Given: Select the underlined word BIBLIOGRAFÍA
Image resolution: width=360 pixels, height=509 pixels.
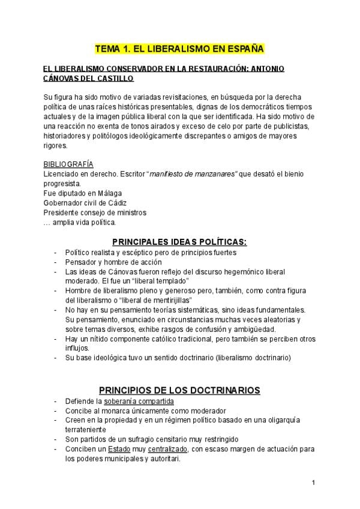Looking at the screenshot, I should pos(68,164).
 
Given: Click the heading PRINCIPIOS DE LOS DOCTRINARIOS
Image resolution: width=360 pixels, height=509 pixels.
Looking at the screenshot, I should pos(179,390).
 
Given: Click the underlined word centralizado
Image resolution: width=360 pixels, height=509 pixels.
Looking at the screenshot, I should pos(166,449).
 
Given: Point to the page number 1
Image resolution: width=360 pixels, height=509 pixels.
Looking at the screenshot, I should pos(313,482).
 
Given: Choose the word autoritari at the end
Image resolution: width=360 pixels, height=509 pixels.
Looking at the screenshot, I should pos(163,459).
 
